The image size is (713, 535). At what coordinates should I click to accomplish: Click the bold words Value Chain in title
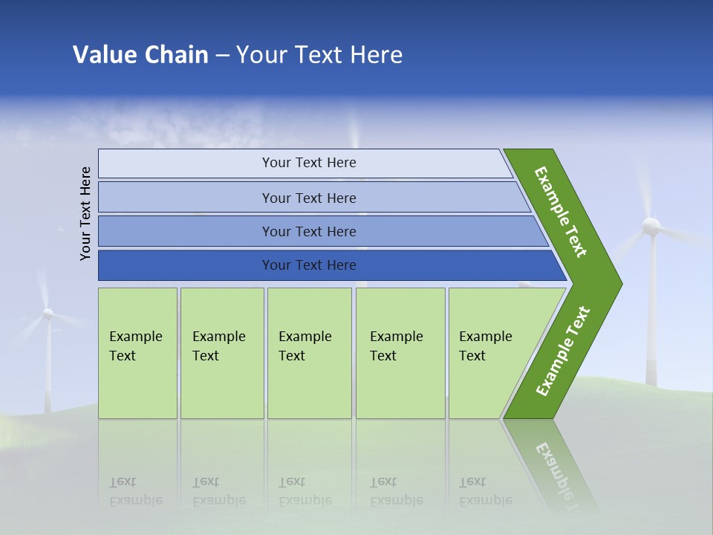click(x=140, y=54)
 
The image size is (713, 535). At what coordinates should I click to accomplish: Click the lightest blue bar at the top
click(x=308, y=163)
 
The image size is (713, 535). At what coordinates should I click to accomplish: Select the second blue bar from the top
click(x=308, y=198)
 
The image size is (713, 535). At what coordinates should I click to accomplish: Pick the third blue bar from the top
click(x=308, y=231)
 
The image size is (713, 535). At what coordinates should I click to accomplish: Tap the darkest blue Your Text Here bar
click(x=308, y=265)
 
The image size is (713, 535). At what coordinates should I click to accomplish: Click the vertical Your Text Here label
click(x=85, y=213)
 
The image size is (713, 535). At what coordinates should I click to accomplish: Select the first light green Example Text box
click(x=137, y=353)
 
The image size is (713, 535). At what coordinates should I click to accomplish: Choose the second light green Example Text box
click(x=221, y=353)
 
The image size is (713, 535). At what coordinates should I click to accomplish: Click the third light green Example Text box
click(x=308, y=353)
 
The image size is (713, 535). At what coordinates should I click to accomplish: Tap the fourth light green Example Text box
click(x=400, y=353)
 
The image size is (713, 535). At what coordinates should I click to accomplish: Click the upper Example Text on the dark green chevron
click(x=561, y=212)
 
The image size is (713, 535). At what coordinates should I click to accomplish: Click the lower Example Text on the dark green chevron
click(x=563, y=351)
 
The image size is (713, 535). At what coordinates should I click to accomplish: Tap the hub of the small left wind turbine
click(x=48, y=314)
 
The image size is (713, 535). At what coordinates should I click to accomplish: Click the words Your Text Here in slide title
click(x=319, y=54)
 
